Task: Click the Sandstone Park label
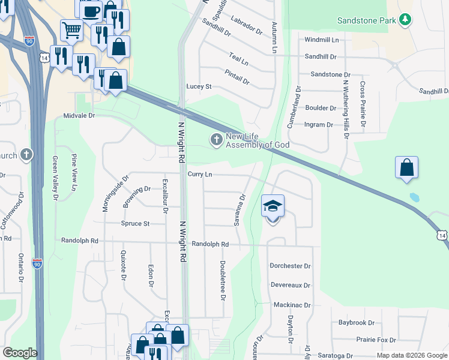click(367, 20)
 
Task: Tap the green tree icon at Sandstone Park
click(406, 20)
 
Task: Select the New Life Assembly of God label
click(258, 140)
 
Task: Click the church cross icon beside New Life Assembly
click(215, 140)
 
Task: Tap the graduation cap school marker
click(273, 206)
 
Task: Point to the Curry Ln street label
click(200, 174)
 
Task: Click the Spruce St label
click(135, 224)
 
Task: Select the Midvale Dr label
click(80, 115)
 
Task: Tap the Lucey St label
click(199, 86)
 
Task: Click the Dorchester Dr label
click(290, 266)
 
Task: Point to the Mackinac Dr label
click(292, 305)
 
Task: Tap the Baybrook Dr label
click(356, 323)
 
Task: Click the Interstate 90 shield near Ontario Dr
click(37, 263)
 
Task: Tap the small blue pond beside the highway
click(414, 196)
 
